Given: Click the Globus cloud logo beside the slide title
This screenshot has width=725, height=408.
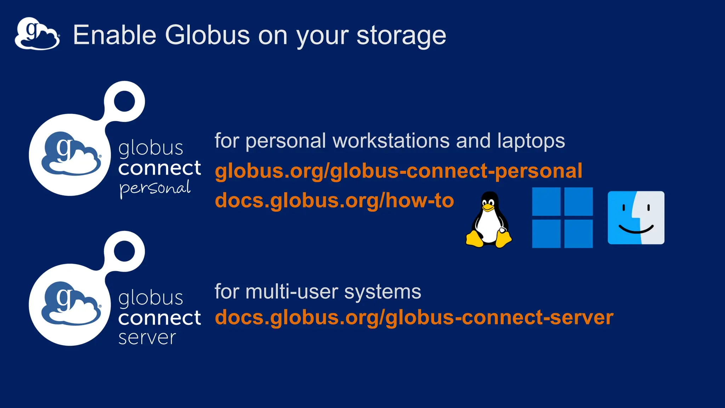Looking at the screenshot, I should pos(37,34).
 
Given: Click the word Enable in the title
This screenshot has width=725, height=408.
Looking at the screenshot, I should pos(114,35).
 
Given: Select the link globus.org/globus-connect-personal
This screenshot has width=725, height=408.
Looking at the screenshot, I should pos(398,171).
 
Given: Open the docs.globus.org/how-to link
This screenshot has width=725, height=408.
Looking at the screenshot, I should pos(334,200).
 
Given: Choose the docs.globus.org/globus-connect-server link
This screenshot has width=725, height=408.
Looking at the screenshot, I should pos(414,317).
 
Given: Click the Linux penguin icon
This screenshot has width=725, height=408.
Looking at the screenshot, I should pos(489,220).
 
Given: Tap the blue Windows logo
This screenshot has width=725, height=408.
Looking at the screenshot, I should pos(562,217).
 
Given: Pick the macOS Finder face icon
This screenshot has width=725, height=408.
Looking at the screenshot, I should pos(636,217).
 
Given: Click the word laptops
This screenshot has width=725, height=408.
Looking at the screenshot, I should pos(531,141).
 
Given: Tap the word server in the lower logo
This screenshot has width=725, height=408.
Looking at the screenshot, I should pos(147,338).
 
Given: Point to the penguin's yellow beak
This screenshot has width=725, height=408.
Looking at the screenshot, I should pos(488,208).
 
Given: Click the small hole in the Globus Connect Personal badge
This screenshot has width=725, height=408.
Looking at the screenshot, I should pos(124,101).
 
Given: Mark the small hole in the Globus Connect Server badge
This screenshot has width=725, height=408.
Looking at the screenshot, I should pos(124,251).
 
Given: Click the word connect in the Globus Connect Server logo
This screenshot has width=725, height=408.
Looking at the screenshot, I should pos(159,318).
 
